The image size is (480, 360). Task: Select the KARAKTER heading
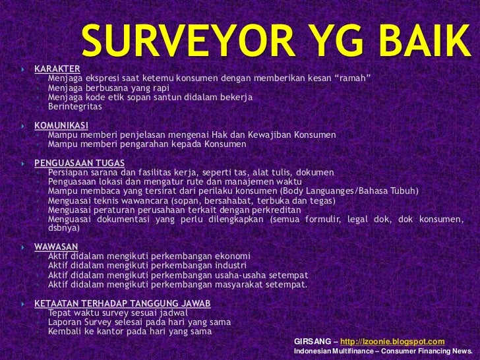(x=57, y=68)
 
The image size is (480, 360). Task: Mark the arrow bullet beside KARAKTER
(x=22, y=69)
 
